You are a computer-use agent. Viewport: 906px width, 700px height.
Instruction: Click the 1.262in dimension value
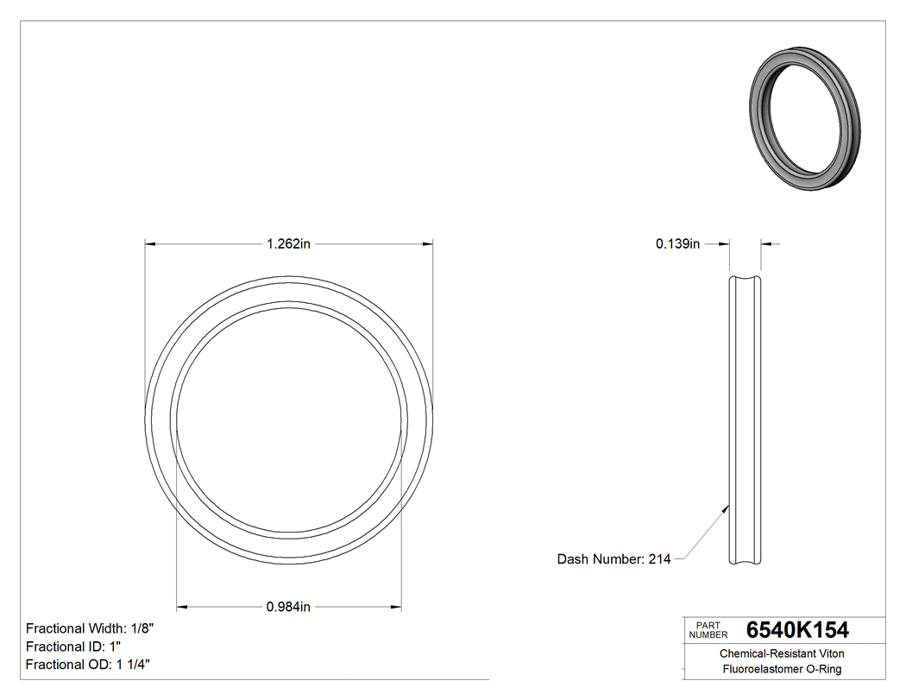coord(288,244)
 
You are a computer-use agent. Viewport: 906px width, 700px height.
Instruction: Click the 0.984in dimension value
coord(288,607)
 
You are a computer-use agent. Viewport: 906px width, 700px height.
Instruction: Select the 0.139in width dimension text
coord(677,244)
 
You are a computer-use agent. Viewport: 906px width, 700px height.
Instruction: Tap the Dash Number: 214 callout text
coord(613,559)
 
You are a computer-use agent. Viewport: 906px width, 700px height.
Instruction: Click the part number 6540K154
coord(797,630)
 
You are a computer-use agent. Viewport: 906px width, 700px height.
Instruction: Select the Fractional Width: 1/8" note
coord(90,628)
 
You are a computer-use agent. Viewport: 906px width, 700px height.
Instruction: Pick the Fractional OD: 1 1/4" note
coord(90,665)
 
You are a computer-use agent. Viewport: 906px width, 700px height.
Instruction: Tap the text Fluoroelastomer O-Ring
coord(782,670)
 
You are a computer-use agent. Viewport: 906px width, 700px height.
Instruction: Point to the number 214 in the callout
coord(659,559)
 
